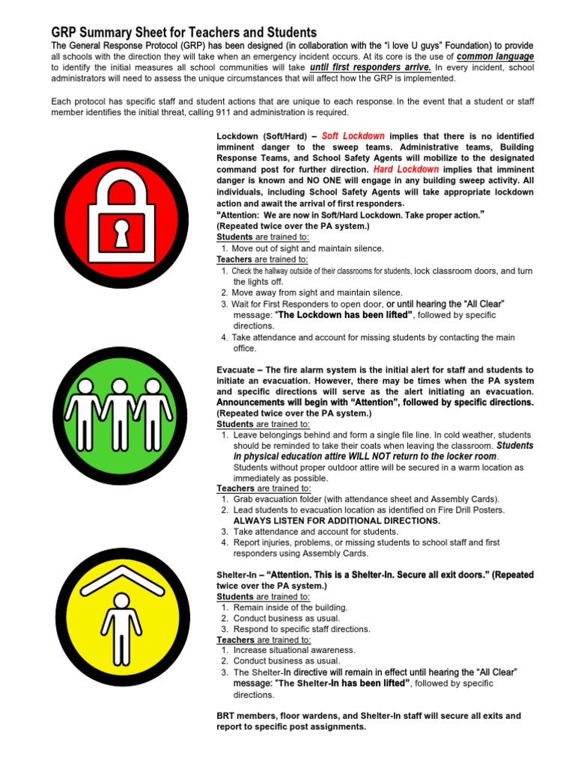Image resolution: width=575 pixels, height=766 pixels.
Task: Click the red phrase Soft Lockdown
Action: click(x=353, y=136)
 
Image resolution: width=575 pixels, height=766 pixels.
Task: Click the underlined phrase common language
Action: click(x=496, y=56)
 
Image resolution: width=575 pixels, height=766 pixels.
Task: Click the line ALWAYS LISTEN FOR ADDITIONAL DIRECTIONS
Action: click(x=337, y=521)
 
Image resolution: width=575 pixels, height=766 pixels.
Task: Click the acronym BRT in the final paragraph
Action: click(x=227, y=716)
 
